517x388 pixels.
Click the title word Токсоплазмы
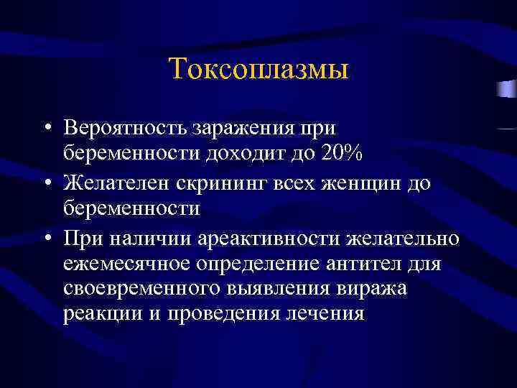tap(258, 70)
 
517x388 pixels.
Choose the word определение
tap(266, 264)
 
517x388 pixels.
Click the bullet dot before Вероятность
tap(45, 129)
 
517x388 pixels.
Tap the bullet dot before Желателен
tap(45, 185)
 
